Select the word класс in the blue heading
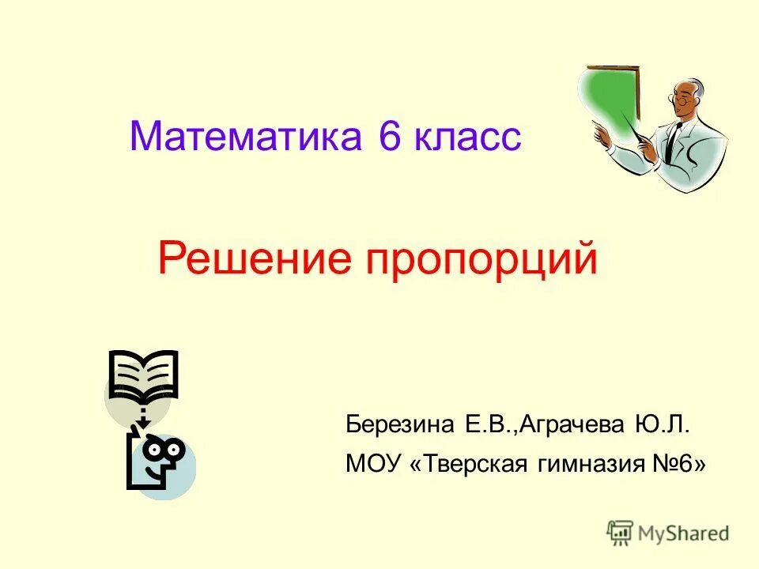click(466, 138)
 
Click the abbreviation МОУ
click(375, 463)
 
